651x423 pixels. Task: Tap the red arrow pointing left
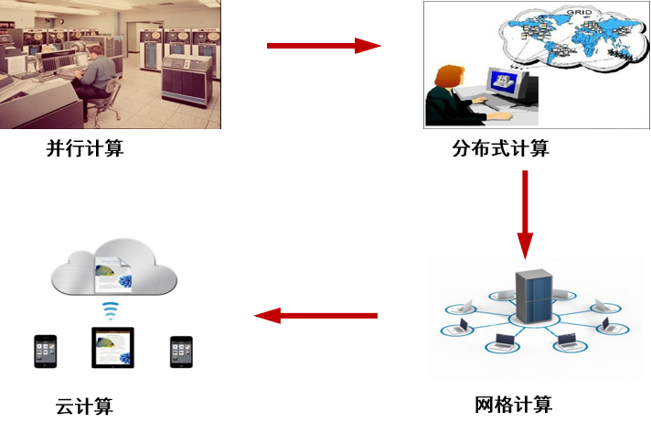coord(315,316)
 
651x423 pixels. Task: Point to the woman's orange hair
coord(446,76)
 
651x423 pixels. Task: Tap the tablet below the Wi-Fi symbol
coord(112,348)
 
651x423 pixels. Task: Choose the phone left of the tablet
coord(46,352)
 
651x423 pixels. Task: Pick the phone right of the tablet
coord(181,352)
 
